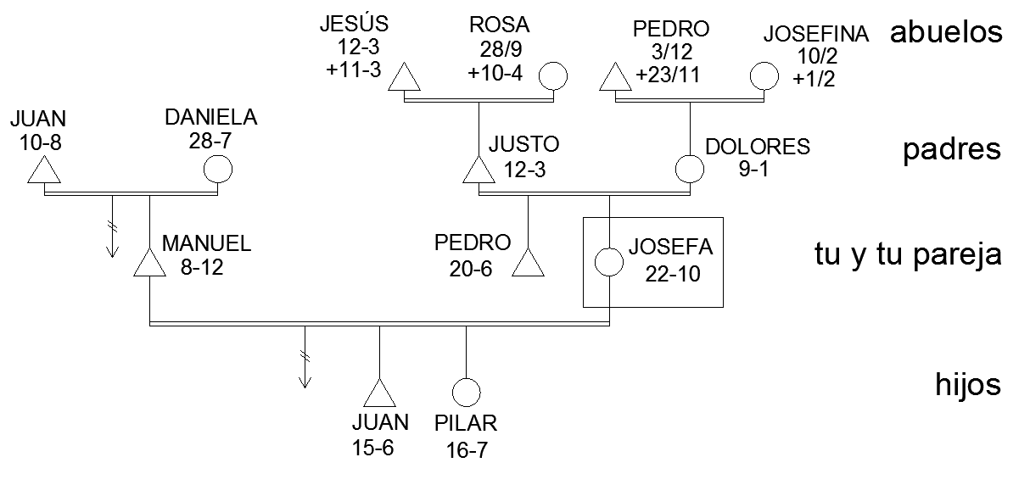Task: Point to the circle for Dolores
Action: click(689, 168)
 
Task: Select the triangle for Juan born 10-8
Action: click(43, 172)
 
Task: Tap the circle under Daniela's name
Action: click(218, 169)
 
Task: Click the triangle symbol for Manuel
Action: click(150, 265)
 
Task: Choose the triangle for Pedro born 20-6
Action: click(529, 265)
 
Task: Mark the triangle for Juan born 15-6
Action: click(378, 395)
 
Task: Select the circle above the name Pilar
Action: click(466, 392)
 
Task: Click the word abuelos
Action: click(946, 33)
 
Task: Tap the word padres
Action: click(952, 150)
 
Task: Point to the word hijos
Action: click(967, 386)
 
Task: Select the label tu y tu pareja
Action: click(908, 255)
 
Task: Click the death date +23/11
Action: click(666, 74)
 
